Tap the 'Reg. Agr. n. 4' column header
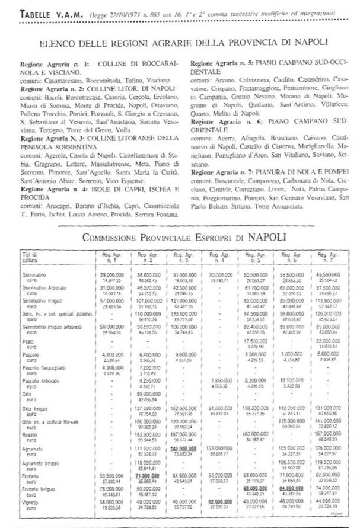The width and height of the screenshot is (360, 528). pyautogui.click(x=219, y=257)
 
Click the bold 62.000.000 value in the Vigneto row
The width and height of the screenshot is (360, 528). pyautogui.click(x=219, y=501)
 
